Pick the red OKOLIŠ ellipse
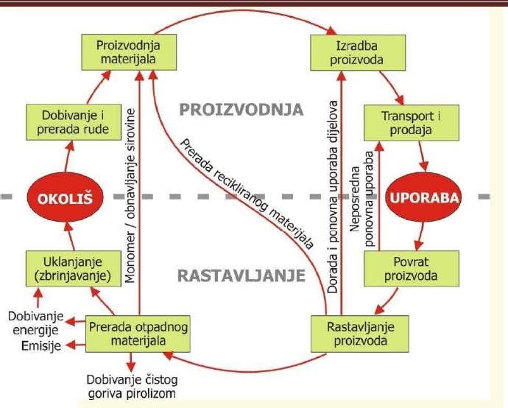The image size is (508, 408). click(x=63, y=197)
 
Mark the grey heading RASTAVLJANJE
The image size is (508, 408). click(x=241, y=276)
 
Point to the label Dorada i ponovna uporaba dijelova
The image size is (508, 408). click(x=334, y=195)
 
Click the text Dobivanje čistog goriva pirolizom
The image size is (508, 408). click(x=131, y=387)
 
